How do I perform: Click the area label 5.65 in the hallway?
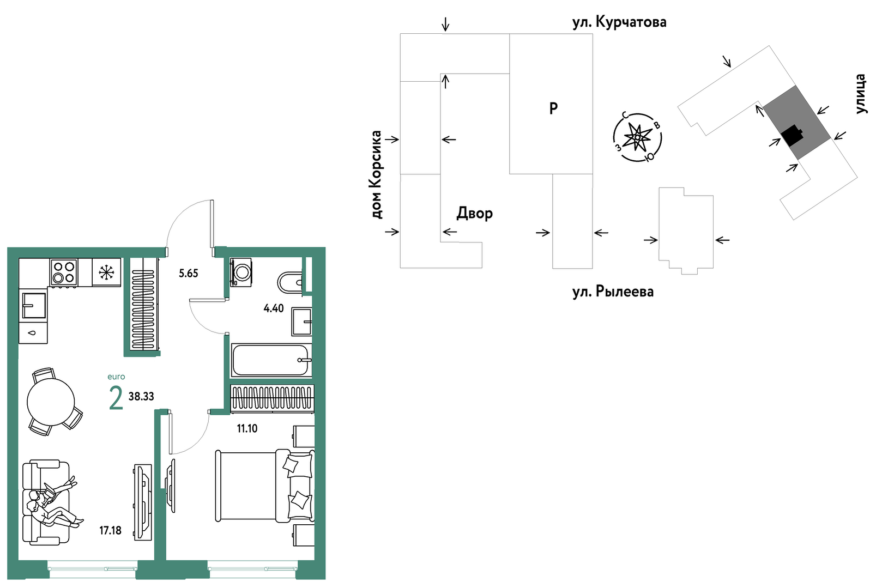(x=188, y=273)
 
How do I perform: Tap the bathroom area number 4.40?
(x=274, y=308)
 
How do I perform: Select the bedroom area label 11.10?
(x=247, y=428)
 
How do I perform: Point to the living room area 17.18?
(x=110, y=531)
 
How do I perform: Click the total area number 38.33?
(x=141, y=396)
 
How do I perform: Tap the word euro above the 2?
(x=116, y=377)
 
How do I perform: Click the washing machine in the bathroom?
(x=240, y=272)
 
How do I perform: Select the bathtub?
(x=271, y=360)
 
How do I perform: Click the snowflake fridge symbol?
(x=106, y=272)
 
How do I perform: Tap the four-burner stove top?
(x=64, y=272)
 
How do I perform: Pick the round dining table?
(x=51, y=402)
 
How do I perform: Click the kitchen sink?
(x=34, y=305)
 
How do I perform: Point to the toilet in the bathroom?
(x=290, y=283)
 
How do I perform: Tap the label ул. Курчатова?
(x=619, y=22)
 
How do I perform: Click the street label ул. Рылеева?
(x=613, y=292)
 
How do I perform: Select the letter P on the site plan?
(x=553, y=108)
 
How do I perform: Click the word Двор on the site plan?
(x=474, y=213)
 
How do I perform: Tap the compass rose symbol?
(x=637, y=137)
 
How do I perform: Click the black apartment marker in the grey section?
(x=792, y=135)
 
